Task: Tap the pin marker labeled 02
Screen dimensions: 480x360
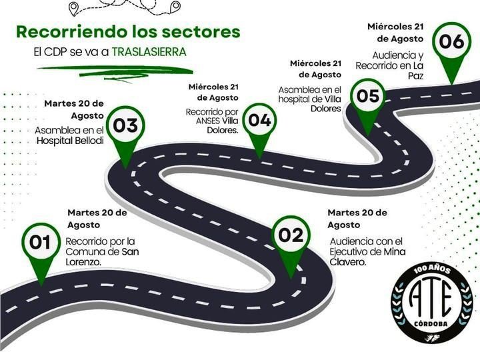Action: [x=291, y=242]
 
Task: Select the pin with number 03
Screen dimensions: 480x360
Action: [x=125, y=131]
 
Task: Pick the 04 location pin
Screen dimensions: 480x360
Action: [x=259, y=125]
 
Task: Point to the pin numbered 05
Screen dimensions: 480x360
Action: [x=368, y=101]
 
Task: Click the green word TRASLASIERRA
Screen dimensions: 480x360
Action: [x=149, y=52]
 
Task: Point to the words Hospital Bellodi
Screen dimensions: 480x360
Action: [x=70, y=141]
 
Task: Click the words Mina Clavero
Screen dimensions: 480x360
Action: [x=367, y=257]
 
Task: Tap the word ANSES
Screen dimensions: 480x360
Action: [x=208, y=121]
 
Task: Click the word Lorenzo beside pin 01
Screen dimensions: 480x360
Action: [x=83, y=262]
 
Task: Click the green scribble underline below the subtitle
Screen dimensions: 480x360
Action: [x=115, y=73]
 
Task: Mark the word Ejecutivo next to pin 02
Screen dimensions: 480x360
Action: [x=349, y=252]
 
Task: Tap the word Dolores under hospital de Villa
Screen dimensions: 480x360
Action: [x=326, y=109]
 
